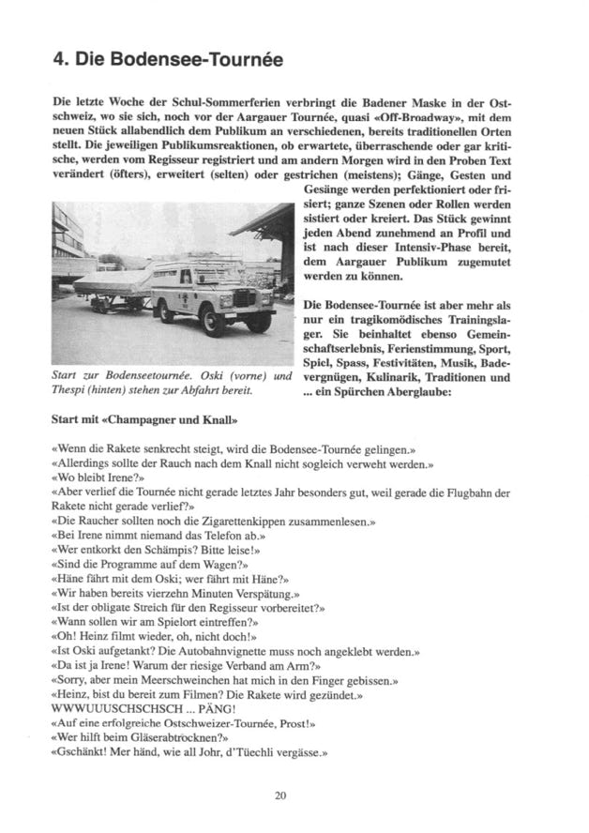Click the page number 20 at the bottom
tap(280, 795)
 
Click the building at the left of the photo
tap(66, 239)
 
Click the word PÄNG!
tap(219, 710)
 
